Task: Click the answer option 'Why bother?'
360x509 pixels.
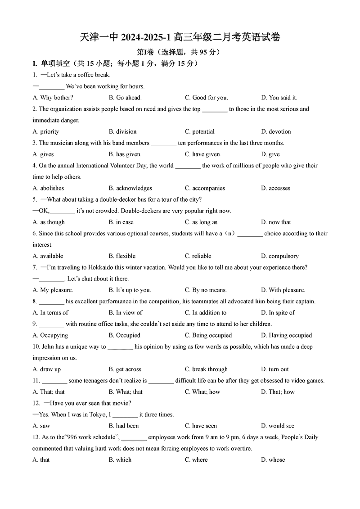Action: coord(57,98)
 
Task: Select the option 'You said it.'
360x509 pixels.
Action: coord(283,98)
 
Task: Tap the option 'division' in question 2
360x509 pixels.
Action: coord(126,131)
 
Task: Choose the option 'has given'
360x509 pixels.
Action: coord(128,154)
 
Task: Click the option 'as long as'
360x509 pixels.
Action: coord(204,222)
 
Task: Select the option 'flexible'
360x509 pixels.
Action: coord(126,256)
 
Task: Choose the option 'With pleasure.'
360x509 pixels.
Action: coord(287,290)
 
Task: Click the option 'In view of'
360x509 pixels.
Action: coord(129,312)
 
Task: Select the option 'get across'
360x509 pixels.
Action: coord(128,369)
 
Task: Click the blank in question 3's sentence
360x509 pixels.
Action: coord(164,144)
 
